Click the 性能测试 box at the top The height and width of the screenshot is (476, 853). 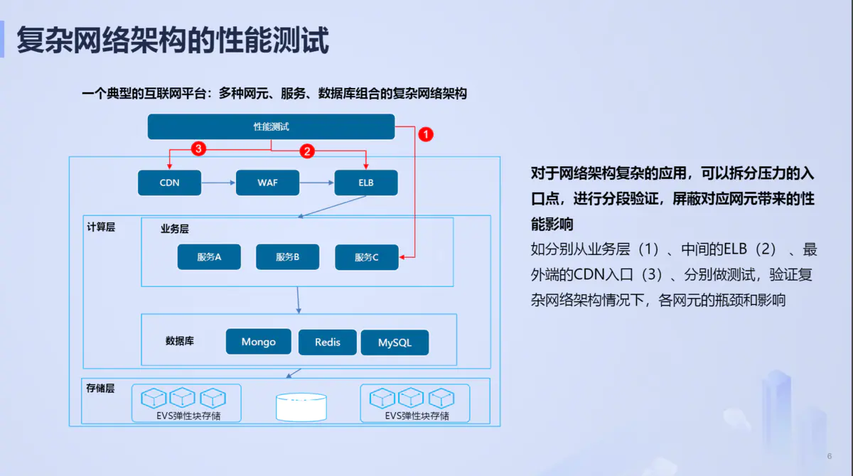click(x=271, y=127)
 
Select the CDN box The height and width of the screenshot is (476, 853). click(x=169, y=183)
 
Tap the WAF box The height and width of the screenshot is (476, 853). click(x=267, y=183)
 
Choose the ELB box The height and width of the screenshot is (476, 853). click(x=365, y=183)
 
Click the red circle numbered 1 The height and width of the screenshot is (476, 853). click(x=425, y=134)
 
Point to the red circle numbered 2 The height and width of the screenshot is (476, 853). click(x=307, y=151)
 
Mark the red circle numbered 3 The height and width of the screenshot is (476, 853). click(x=199, y=149)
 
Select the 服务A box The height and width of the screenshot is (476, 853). click(x=209, y=257)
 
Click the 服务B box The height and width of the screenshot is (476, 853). click(x=287, y=257)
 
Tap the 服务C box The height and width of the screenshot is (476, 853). click(x=366, y=257)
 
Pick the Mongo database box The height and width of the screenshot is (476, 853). click(x=259, y=342)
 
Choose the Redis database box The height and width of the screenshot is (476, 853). click(x=328, y=342)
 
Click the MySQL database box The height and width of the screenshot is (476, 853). click(x=395, y=342)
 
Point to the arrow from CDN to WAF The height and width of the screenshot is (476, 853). click(x=218, y=183)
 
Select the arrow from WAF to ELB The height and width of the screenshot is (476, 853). click(x=316, y=183)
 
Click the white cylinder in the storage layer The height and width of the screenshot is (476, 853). click(x=301, y=407)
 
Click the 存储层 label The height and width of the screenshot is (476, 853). click(x=100, y=388)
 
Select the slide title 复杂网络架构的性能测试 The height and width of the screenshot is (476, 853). click(x=173, y=40)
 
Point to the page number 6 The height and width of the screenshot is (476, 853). click(x=829, y=455)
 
